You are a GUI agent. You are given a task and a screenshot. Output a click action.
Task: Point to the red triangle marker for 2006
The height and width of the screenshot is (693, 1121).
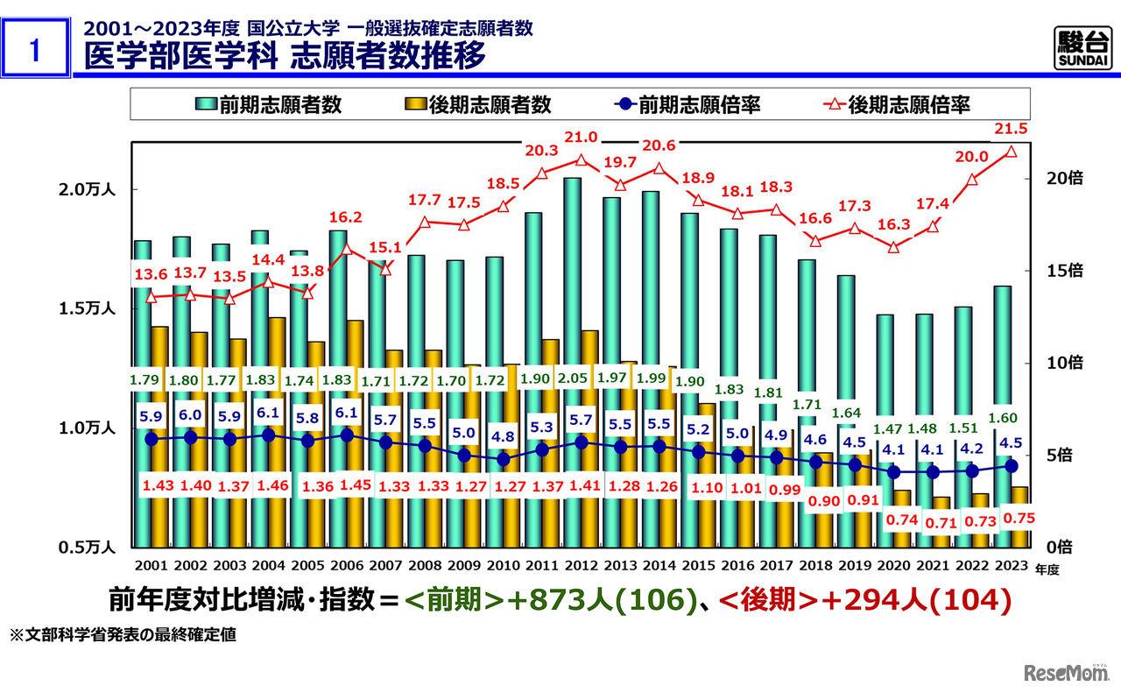(x=347, y=249)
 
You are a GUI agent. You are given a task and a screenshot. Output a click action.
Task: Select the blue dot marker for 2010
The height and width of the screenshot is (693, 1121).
(x=503, y=459)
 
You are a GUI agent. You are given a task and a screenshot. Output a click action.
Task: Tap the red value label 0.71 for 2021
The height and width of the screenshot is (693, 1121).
(x=941, y=522)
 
